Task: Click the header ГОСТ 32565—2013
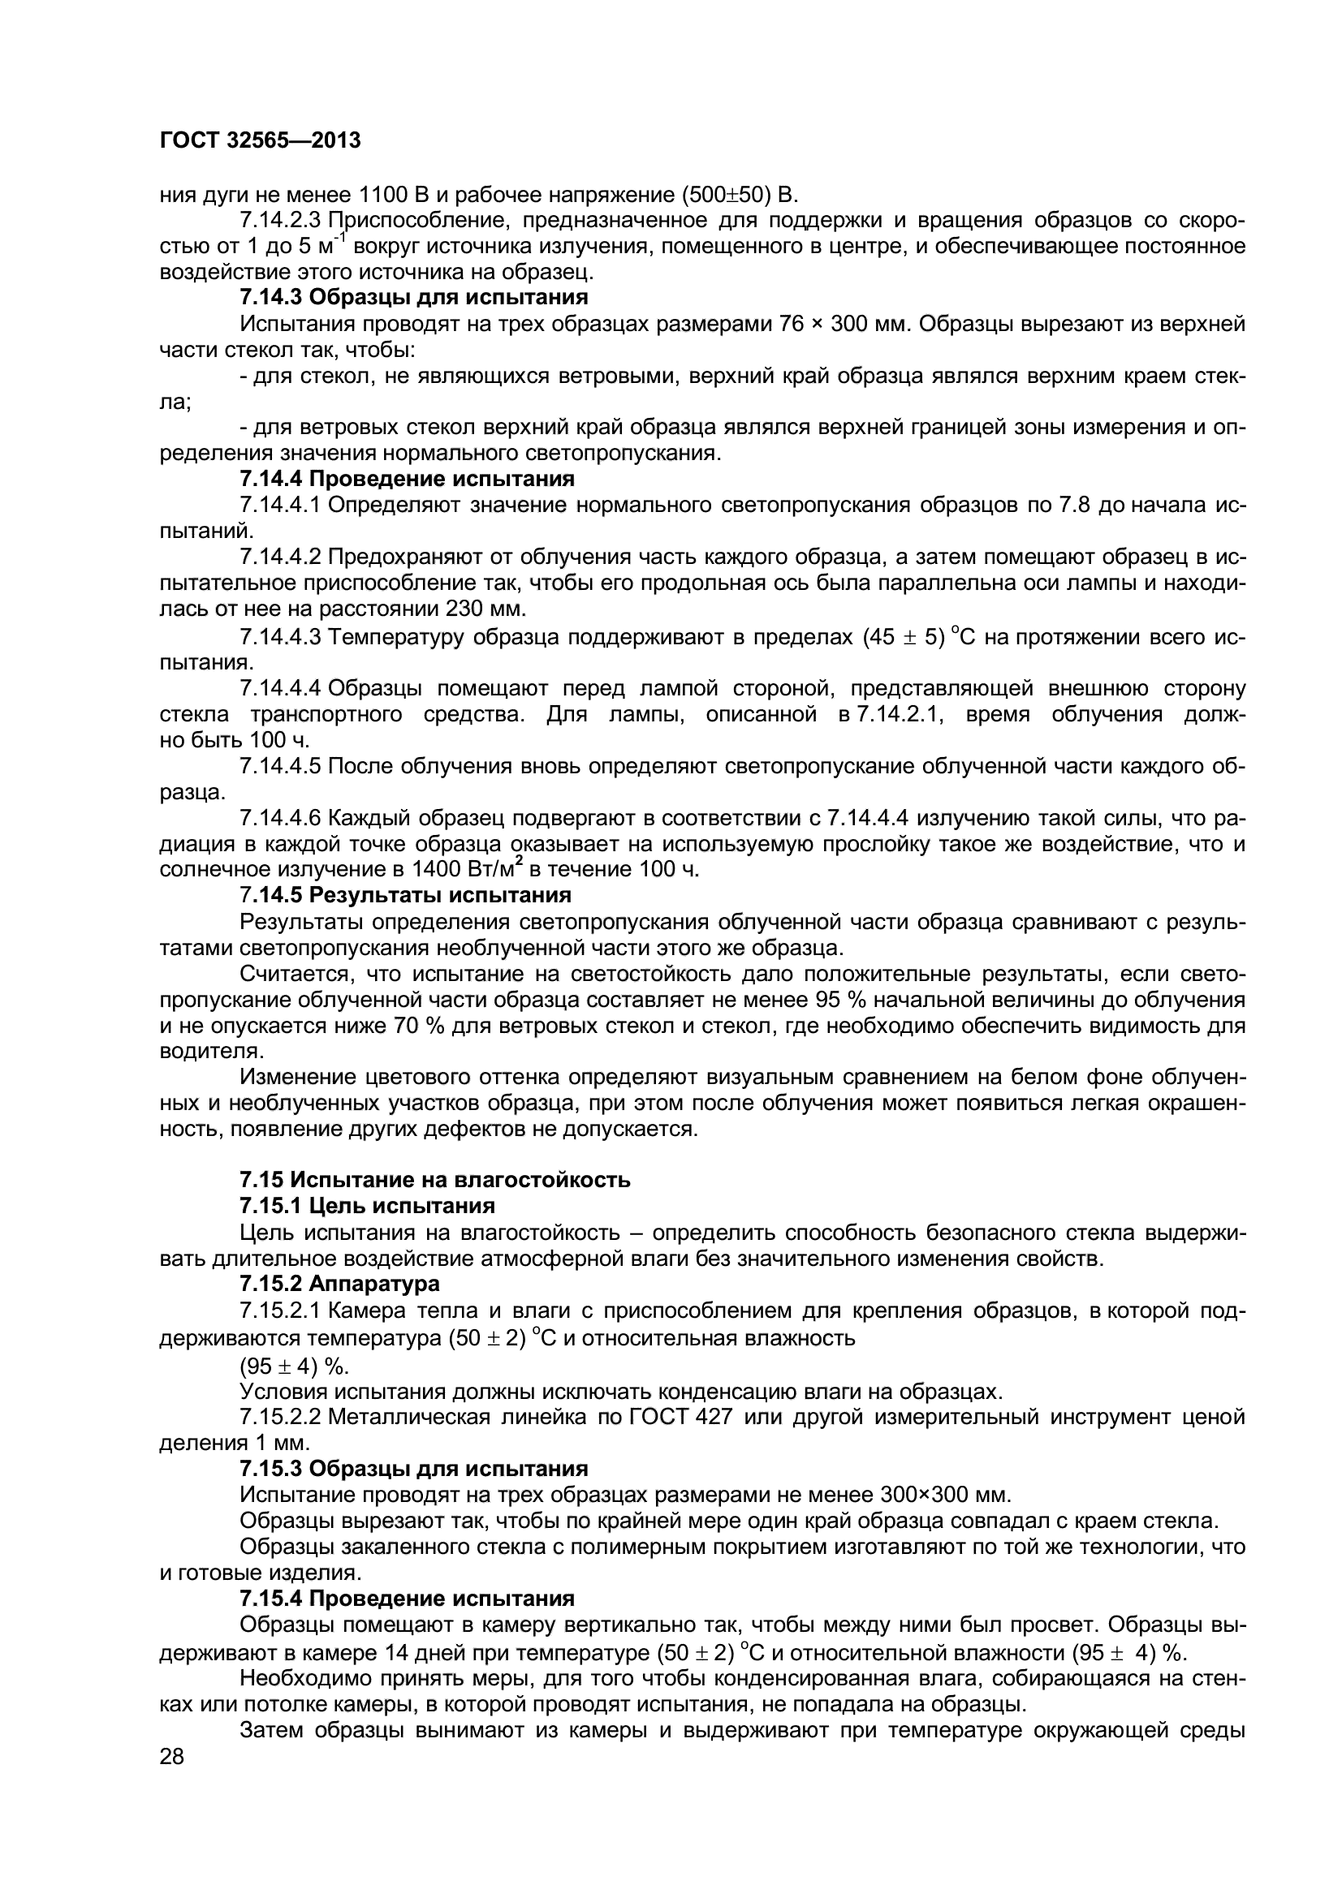(260, 140)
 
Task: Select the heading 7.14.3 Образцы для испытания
(413, 297)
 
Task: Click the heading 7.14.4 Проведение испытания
(407, 479)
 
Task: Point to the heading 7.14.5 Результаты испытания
(405, 895)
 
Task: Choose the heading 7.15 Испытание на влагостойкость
(435, 1180)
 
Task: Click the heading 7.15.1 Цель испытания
(367, 1205)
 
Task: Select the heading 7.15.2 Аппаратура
(339, 1284)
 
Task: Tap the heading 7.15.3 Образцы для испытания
(413, 1469)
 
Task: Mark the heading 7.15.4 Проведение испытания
(407, 1598)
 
